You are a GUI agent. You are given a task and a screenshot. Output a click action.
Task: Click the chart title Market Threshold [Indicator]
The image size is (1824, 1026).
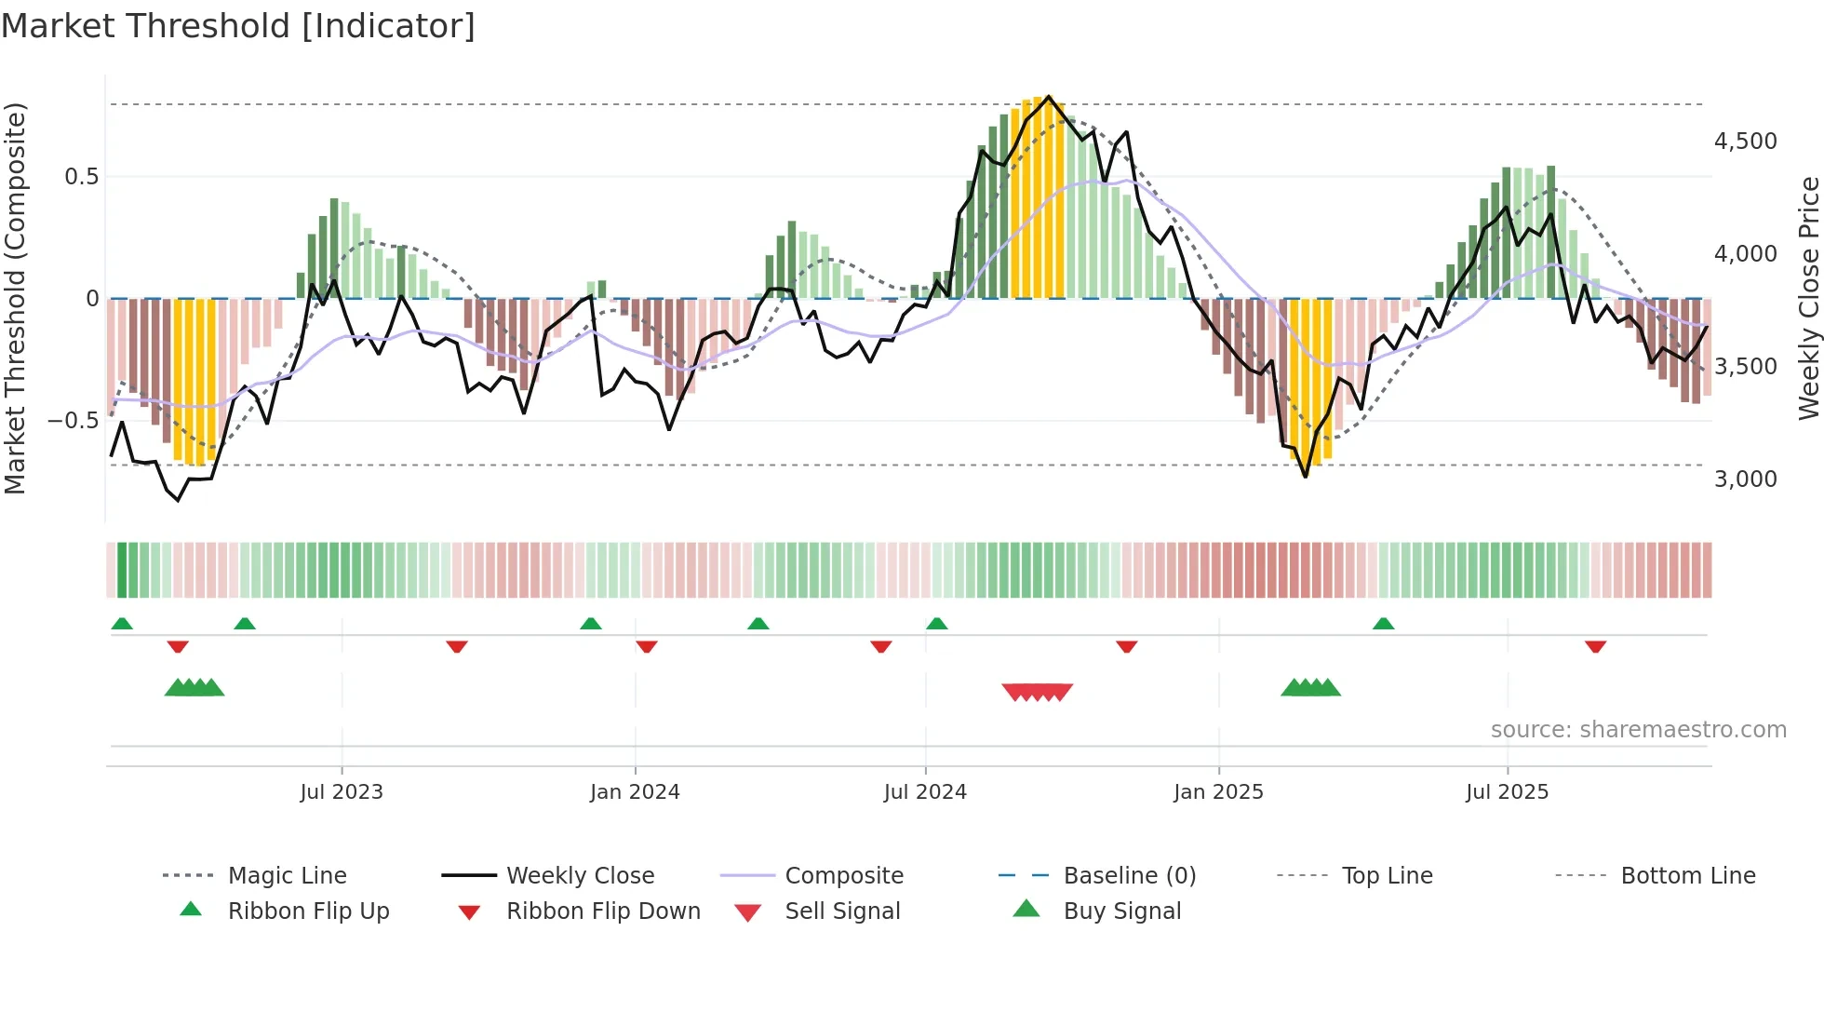tap(238, 26)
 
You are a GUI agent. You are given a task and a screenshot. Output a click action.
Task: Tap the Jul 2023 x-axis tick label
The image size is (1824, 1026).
tap(342, 791)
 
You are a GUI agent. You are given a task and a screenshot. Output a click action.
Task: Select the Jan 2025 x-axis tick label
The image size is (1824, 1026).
tap(1218, 791)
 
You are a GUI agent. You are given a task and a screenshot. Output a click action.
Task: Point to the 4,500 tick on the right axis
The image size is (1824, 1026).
tap(1745, 142)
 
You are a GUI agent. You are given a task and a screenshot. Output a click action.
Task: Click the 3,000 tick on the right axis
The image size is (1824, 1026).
tap(1745, 479)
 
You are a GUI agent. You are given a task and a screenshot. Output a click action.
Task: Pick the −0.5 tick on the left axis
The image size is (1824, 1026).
tap(73, 420)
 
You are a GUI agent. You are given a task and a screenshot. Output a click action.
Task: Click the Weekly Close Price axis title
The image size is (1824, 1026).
tap(1808, 298)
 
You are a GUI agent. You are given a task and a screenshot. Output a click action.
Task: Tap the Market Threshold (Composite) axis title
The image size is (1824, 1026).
tap(15, 298)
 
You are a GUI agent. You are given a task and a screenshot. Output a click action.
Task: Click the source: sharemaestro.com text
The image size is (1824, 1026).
tap(1638, 729)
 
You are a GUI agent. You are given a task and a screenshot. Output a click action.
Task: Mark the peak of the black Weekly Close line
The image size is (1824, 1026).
tap(1049, 97)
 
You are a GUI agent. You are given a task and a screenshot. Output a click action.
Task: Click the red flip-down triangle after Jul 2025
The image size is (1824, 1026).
tap(1595, 646)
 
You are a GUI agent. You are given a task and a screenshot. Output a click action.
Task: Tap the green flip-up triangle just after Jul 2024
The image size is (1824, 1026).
tap(937, 624)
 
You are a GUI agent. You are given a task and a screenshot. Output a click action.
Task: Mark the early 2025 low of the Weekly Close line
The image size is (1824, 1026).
tap(1306, 477)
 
